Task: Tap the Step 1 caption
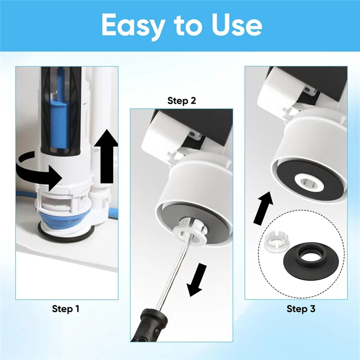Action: pos(66,309)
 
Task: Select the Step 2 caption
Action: pos(181,100)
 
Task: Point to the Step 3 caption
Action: pos(301,309)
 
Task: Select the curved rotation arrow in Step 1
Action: pos(38,173)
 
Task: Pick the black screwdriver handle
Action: pos(148,328)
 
